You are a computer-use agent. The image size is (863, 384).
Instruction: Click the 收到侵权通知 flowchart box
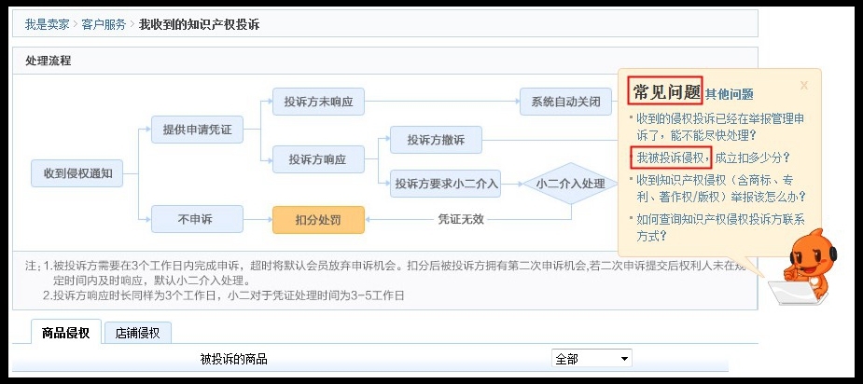pos(77,172)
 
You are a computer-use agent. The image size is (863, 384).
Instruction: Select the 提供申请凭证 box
pos(197,130)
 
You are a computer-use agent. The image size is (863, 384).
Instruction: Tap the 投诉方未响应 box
pos(317,102)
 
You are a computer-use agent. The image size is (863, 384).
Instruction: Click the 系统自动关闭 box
pos(565,102)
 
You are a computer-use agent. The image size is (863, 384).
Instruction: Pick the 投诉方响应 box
pos(317,159)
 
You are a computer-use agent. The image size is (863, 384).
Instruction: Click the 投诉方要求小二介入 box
pos(446,184)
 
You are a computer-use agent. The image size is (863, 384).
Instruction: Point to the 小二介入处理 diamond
pos(571,184)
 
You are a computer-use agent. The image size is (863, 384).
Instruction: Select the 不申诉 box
pos(197,219)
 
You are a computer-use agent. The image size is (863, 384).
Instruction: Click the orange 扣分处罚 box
pos(317,220)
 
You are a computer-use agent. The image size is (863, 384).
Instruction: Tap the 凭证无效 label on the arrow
pos(461,220)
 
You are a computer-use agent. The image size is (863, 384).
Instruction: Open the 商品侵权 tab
pos(66,333)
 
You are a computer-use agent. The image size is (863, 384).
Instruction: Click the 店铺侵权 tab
pos(137,333)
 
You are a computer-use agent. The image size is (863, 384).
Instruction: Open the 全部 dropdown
pos(592,359)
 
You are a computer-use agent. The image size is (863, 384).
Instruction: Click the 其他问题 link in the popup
pos(729,94)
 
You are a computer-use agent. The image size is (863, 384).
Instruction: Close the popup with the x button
pos(804,85)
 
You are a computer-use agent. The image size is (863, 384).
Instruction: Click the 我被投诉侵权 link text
pos(670,158)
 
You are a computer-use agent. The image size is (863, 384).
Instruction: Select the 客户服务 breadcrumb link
pos(104,24)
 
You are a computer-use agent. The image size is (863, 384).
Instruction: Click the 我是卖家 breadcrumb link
pos(47,24)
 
